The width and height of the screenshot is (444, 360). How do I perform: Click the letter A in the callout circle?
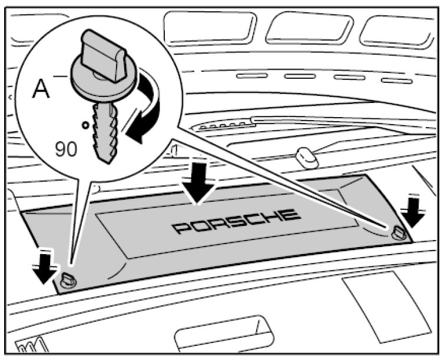[x=41, y=89]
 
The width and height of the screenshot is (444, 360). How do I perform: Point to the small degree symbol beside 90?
[x=86, y=125]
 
